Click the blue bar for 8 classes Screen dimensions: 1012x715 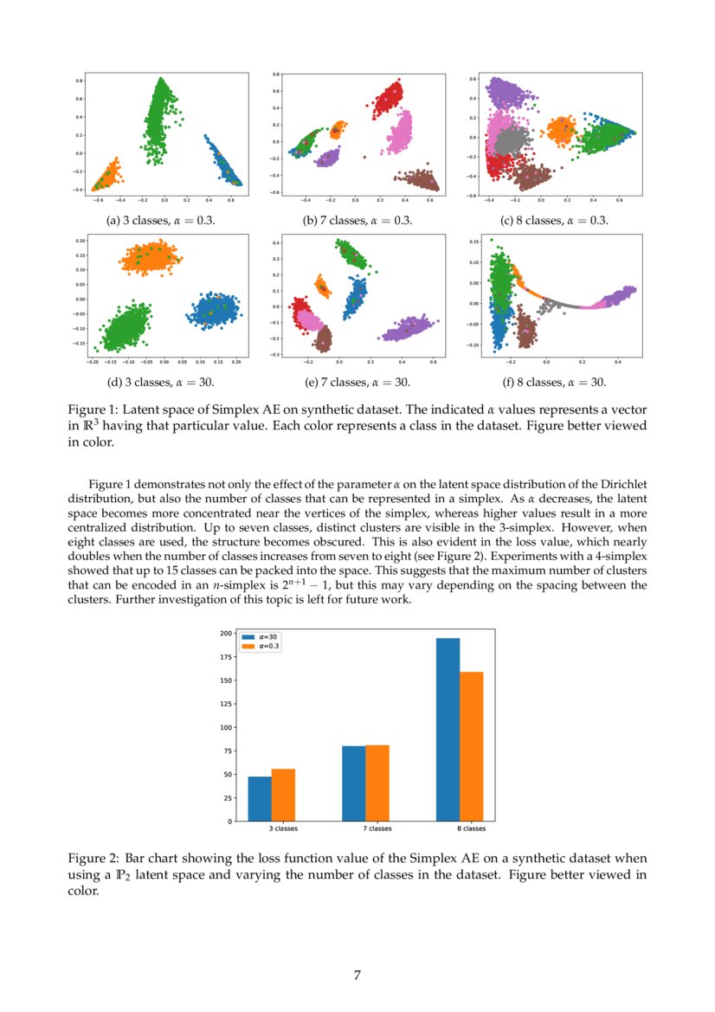tap(448, 729)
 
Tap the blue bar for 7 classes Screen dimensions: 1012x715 tap(353, 783)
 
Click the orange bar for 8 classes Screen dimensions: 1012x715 tap(471, 746)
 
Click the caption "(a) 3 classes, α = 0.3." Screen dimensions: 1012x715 tap(160, 221)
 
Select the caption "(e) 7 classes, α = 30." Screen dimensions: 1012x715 tap(356, 382)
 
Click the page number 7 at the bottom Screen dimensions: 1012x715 tap(357, 976)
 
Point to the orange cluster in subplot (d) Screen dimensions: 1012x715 tap(148, 257)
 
